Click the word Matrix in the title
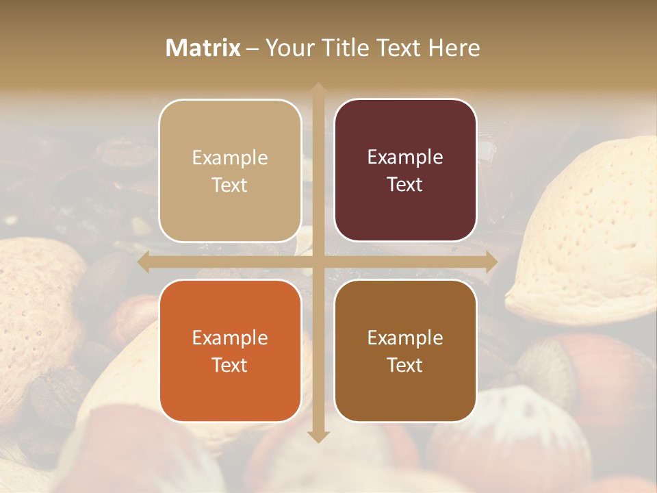[x=203, y=48]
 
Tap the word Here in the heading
[x=454, y=48]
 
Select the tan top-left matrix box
[x=230, y=170]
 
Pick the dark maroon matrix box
[x=405, y=170]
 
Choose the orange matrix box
[x=230, y=351]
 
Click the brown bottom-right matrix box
[x=405, y=351]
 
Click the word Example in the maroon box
[x=405, y=157]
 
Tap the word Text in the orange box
[x=230, y=365]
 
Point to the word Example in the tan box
[x=230, y=157]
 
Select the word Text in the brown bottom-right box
[x=405, y=365]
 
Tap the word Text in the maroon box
[x=405, y=184]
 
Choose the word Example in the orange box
[x=230, y=338]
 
